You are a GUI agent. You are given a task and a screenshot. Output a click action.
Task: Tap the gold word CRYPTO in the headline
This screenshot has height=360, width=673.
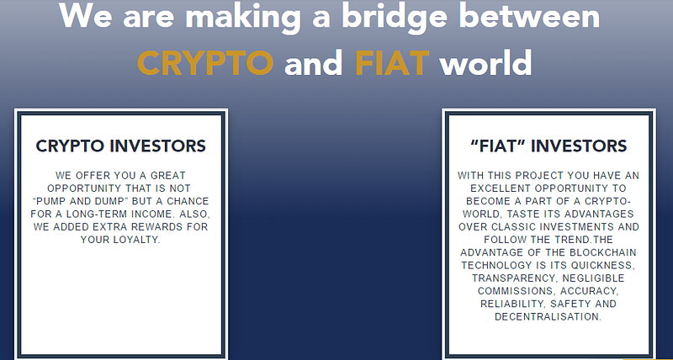[x=205, y=62]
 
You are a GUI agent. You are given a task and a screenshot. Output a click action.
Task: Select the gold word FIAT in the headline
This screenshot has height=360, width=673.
[x=392, y=62]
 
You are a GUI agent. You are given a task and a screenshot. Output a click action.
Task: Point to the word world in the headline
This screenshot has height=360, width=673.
[x=485, y=62]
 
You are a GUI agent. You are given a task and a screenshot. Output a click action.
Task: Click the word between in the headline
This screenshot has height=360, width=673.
[x=530, y=15]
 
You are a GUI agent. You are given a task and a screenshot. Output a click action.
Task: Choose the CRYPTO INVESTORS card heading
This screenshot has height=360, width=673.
[x=120, y=146]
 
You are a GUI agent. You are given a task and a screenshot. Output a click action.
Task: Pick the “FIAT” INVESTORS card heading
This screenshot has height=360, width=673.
[x=548, y=146]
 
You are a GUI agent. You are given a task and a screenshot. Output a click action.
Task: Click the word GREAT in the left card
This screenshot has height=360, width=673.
[x=167, y=176]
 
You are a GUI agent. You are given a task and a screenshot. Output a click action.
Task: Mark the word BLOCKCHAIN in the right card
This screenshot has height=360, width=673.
[x=606, y=252]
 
